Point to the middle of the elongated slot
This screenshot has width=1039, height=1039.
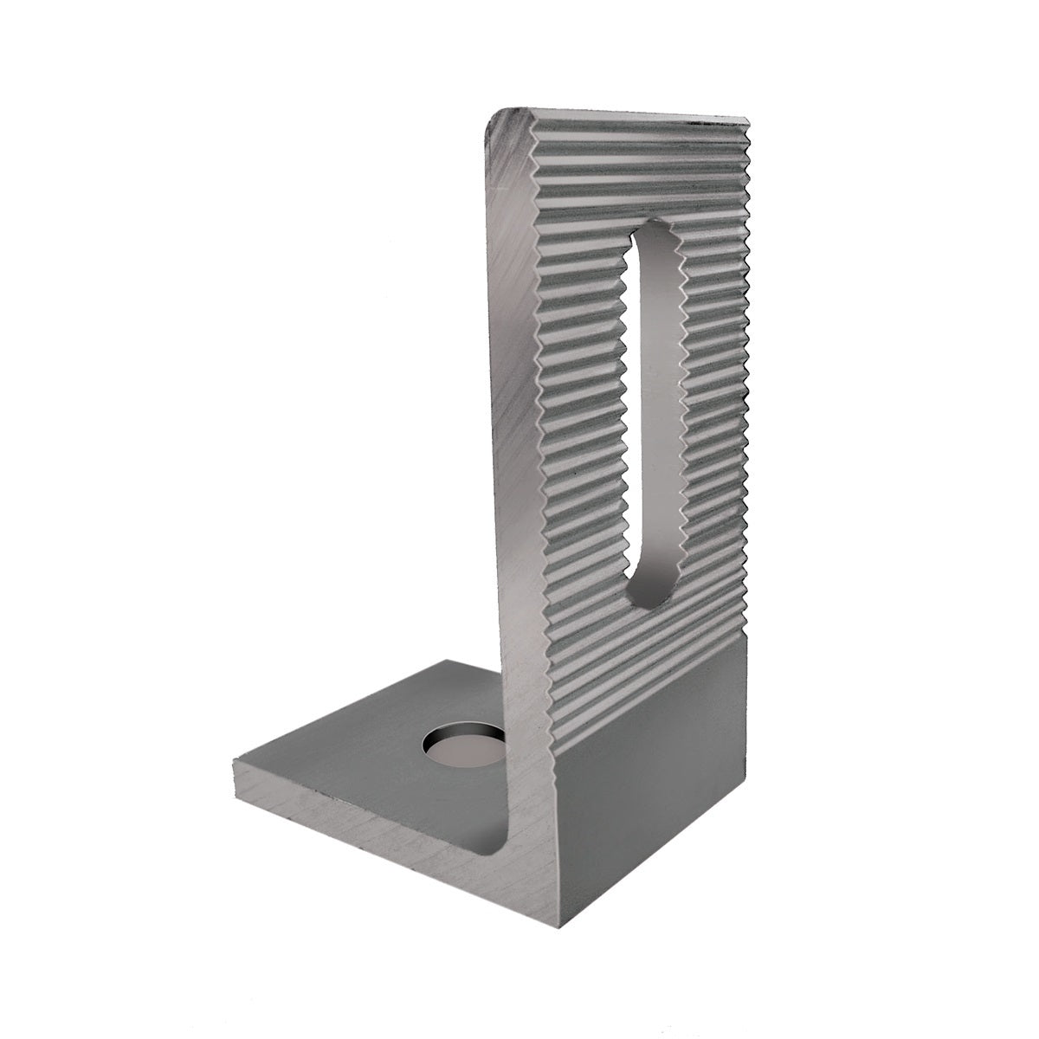click(x=648, y=416)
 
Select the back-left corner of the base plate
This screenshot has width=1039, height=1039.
click(x=442, y=662)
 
